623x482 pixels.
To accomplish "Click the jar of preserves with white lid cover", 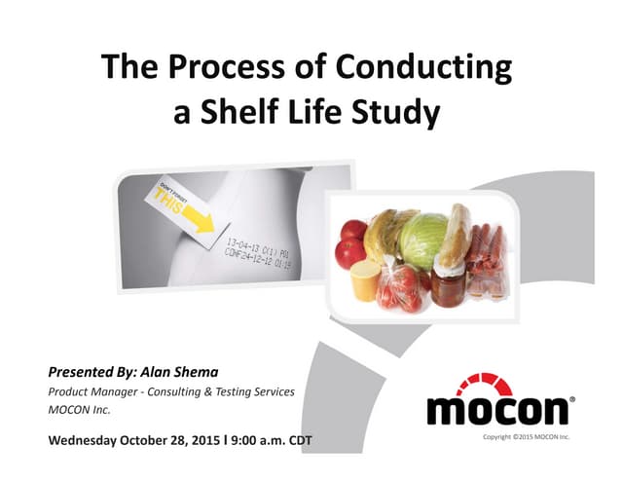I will click(x=451, y=282).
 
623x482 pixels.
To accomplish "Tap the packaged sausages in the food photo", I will click(x=488, y=263).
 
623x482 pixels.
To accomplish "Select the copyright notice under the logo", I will click(x=526, y=437).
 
